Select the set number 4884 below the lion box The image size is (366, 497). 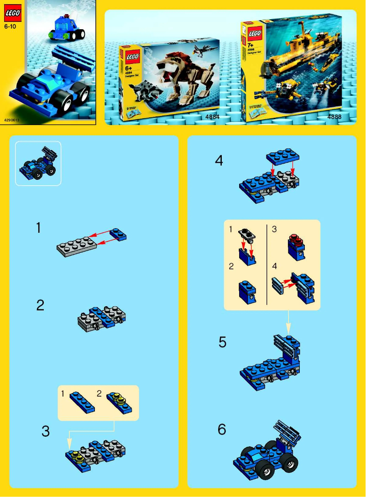coord(212,117)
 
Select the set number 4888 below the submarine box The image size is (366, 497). coord(334,117)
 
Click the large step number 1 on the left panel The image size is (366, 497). coord(39,228)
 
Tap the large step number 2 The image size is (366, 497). coord(40,305)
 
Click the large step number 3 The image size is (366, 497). coord(46,431)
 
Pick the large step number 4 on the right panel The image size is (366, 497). coord(219,161)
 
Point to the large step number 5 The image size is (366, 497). coord(222,342)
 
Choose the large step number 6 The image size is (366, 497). coord(222,429)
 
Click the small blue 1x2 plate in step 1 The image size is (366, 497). coord(121,234)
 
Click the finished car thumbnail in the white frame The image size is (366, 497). coord(38,163)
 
